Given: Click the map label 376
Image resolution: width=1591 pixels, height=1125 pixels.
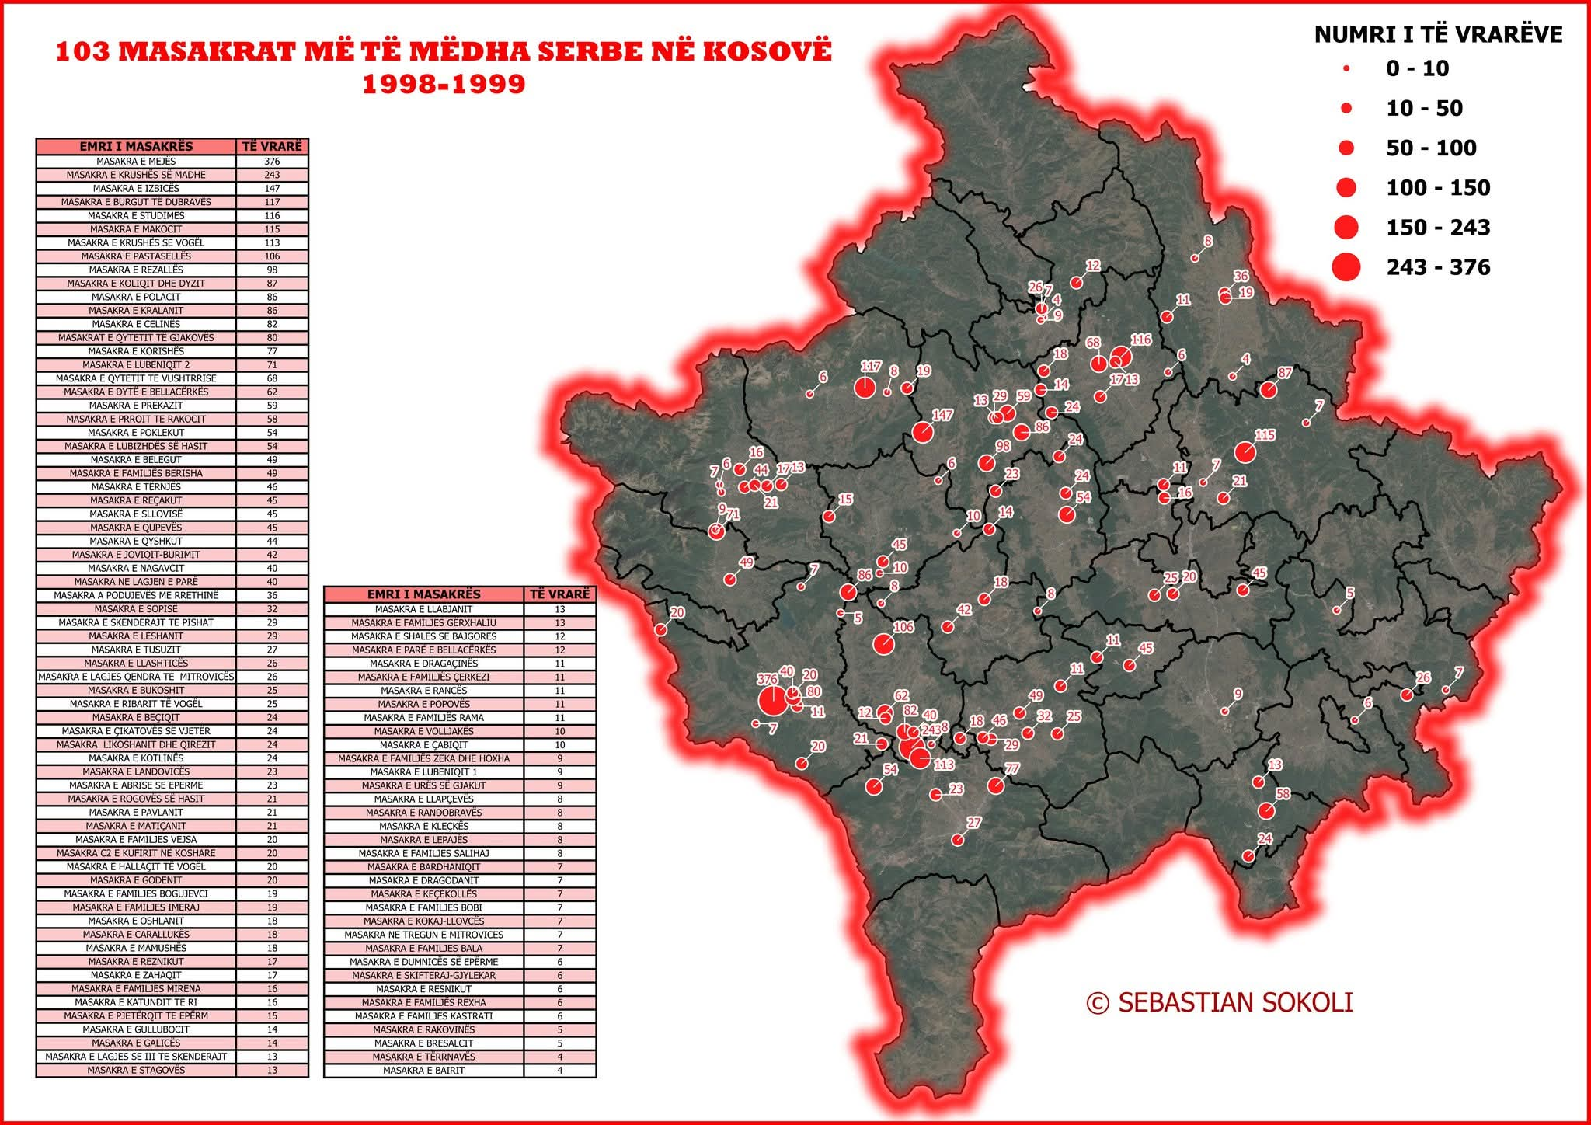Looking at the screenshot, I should pyautogui.click(x=767, y=679).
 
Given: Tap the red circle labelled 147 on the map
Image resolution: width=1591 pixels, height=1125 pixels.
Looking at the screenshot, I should pyautogui.click(x=922, y=432).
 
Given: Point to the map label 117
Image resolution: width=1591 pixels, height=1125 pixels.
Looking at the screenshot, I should pyautogui.click(x=871, y=366).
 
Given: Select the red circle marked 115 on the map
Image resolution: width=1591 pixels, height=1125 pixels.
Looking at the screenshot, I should pyautogui.click(x=1245, y=452).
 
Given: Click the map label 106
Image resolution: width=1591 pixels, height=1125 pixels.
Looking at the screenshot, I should pyautogui.click(x=903, y=627).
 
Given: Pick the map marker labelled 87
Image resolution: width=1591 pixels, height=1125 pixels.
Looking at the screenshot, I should pyautogui.click(x=1268, y=390).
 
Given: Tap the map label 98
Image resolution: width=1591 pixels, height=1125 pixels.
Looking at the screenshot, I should pyautogui.click(x=1003, y=446).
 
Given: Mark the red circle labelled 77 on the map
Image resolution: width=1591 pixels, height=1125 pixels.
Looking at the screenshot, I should pyautogui.click(x=995, y=786).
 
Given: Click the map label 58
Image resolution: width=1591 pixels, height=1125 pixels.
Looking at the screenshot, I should pyautogui.click(x=1283, y=793).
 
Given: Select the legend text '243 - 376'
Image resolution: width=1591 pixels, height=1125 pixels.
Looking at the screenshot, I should pyautogui.click(x=1438, y=267).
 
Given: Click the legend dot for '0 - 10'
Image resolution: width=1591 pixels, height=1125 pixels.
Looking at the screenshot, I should pyautogui.click(x=1346, y=69).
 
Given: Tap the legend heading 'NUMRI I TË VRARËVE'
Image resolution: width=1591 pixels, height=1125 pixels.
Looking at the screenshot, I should pyautogui.click(x=1438, y=34).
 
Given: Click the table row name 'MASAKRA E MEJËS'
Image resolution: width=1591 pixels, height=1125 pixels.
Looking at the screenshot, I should pyautogui.click(x=136, y=162).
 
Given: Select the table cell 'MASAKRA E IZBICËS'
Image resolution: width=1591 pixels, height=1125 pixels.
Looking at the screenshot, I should pyautogui.click(x=136, y=188).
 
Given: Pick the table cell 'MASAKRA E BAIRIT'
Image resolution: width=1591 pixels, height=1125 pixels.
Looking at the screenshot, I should pyautogui.click(x=423, y=1070).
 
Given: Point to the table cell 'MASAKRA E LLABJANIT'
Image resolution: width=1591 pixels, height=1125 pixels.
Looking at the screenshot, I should pyautogui.click(x=423, y=609).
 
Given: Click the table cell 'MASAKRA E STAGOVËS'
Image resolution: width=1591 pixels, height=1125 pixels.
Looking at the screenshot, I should pyautogui.click(x=136, y=1070).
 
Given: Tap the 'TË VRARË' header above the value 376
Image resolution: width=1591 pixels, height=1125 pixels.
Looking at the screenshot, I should pyautogui.click(x=272, y=146).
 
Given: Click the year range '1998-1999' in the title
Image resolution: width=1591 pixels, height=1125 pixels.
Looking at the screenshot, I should pyautogui.click(x=444, y=84).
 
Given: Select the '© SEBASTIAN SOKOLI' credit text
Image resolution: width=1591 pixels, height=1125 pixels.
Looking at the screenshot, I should pyautogui.click(x=1220, y=1002).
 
